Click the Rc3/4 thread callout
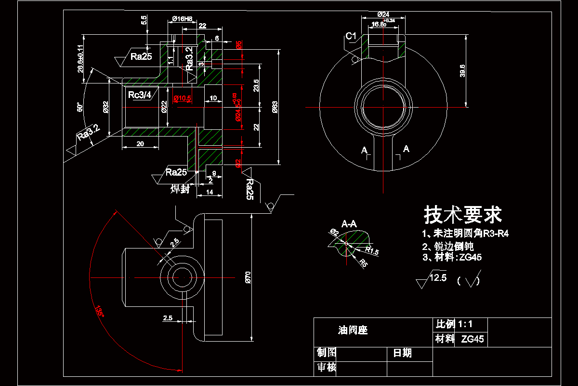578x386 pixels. point(140,95)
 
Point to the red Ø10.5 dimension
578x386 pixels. point(183,98)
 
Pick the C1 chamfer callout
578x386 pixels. point(351,36)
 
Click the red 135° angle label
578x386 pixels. point(99,311)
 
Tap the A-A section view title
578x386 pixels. point(349,224)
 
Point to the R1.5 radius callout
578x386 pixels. point(371,250)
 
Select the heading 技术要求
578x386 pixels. point(462,215)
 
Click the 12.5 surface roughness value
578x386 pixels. point(438,277)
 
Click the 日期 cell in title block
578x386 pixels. point(403,353)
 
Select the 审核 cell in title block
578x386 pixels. point(326,368)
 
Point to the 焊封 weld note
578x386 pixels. point(180,190)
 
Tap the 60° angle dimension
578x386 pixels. point(80,108)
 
